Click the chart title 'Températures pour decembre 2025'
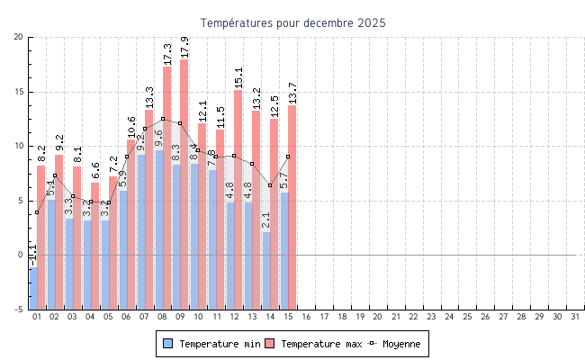tap(292, 22)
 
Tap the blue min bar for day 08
tap(158, 225)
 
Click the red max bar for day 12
tap(238, 198)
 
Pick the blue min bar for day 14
tap(265, 270)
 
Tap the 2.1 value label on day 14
tap(265, 220)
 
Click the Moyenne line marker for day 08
tap(163, 119)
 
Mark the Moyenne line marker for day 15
tap(288, 157)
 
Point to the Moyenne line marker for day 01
tap(37, 212)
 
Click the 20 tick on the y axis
tap(19, 37)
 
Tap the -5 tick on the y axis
tap(19, 310)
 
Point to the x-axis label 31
tap(574, 318)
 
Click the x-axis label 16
tap(306, 318)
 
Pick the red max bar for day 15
tap(292, 207)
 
